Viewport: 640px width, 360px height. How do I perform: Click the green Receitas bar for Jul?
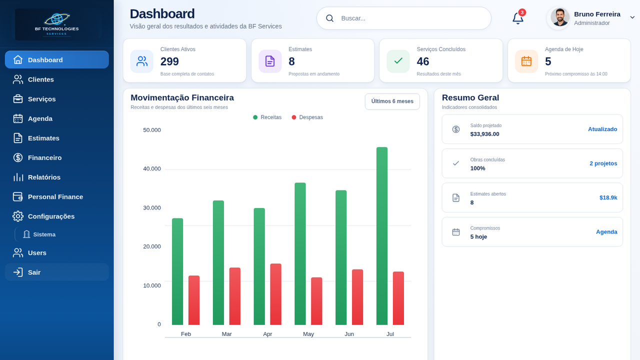[381, 236]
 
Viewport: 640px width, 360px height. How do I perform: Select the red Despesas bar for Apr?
[275, 294]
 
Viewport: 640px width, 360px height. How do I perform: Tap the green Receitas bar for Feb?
[177, 271]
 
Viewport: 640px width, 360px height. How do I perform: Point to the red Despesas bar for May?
[316, 301]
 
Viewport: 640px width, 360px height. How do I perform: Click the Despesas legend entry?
[307, 117]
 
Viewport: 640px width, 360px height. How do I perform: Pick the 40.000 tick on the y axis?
[151, 169]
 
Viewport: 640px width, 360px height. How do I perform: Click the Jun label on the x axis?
[349, 334]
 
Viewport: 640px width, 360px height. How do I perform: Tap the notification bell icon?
[517, 18]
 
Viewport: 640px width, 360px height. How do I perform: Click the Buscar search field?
[403, 18]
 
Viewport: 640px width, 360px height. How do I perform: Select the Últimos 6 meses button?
[392, 101]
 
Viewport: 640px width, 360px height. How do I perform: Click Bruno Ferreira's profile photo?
[559, 17]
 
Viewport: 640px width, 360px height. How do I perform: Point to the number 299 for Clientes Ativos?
[169, 61]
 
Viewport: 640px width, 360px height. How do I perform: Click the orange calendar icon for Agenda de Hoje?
[526, 61]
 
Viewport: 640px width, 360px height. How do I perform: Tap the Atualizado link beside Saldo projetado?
[602, 129]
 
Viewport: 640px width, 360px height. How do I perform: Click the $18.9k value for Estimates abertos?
[608, 197]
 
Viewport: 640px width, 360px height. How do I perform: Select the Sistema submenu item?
[44, 234]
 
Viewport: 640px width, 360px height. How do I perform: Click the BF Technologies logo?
[57, 24]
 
